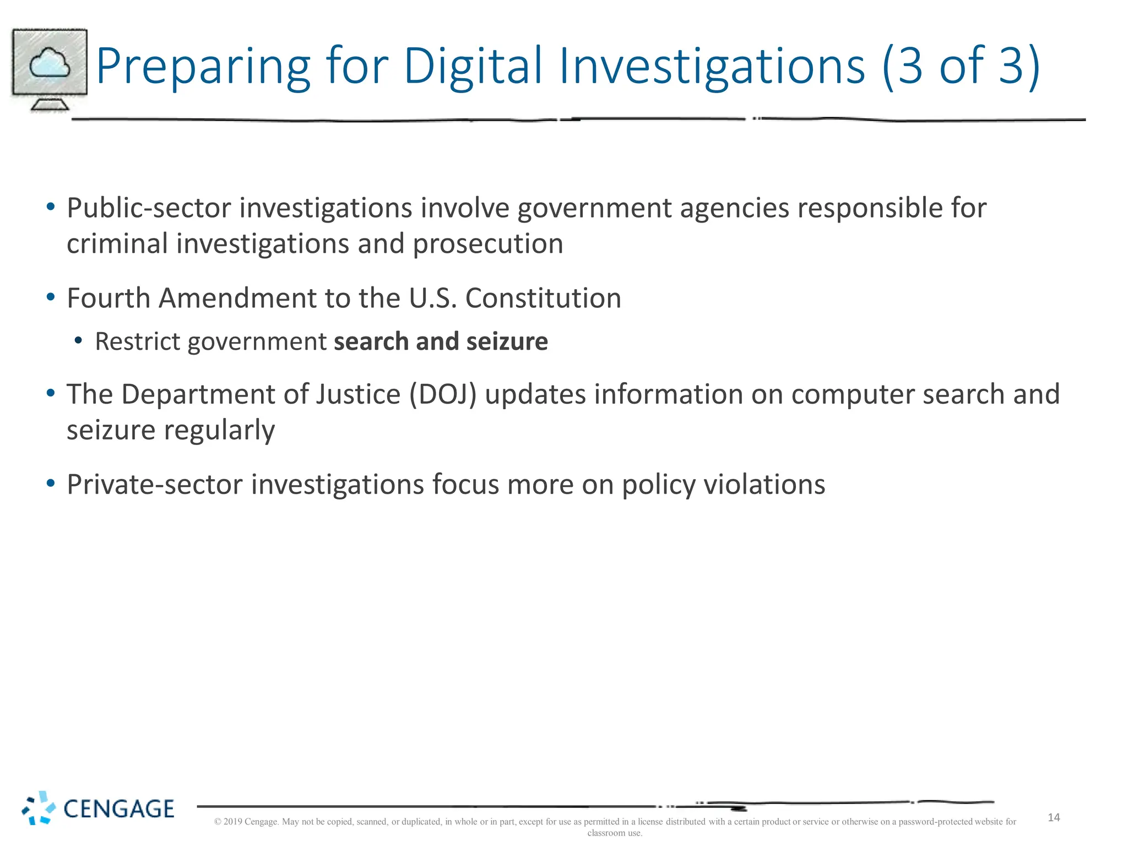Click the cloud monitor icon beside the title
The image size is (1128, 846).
click(x=50, y=69)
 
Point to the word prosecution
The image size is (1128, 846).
click(x=488, y=244)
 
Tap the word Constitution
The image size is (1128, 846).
click(x=543, y=299)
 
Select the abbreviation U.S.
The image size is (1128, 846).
click(x=433, y=299)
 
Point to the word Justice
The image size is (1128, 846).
click(x=358, y=395)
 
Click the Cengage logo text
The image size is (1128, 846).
click(x=119, y=809)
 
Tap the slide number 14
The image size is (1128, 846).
click(x=1054, y=818)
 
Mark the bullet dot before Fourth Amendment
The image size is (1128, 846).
click(x=51, y=297)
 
